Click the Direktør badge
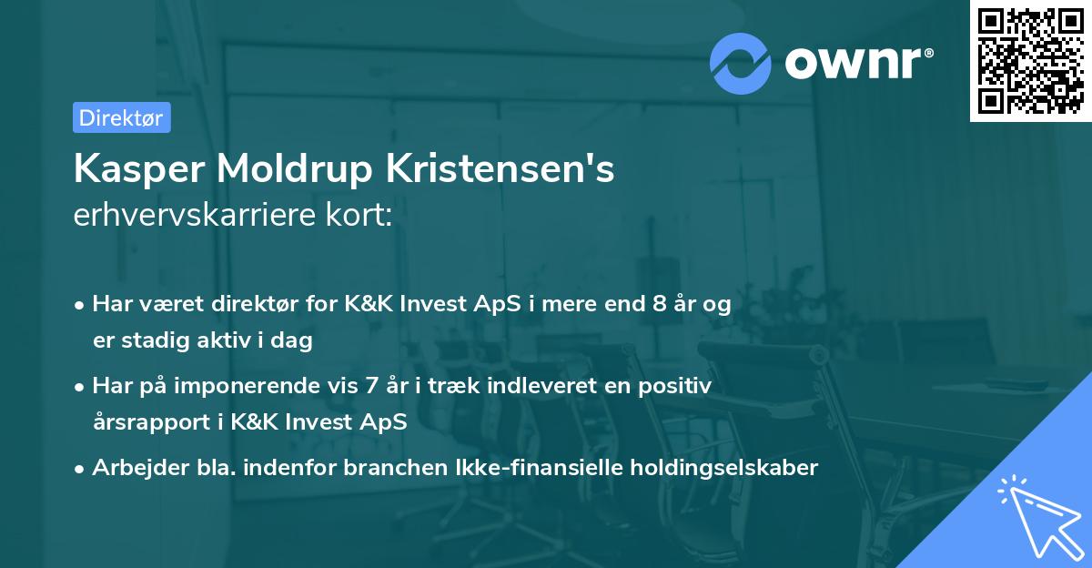121,117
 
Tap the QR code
1030,60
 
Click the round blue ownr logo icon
741,63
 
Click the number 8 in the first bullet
660,304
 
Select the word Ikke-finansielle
517,468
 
